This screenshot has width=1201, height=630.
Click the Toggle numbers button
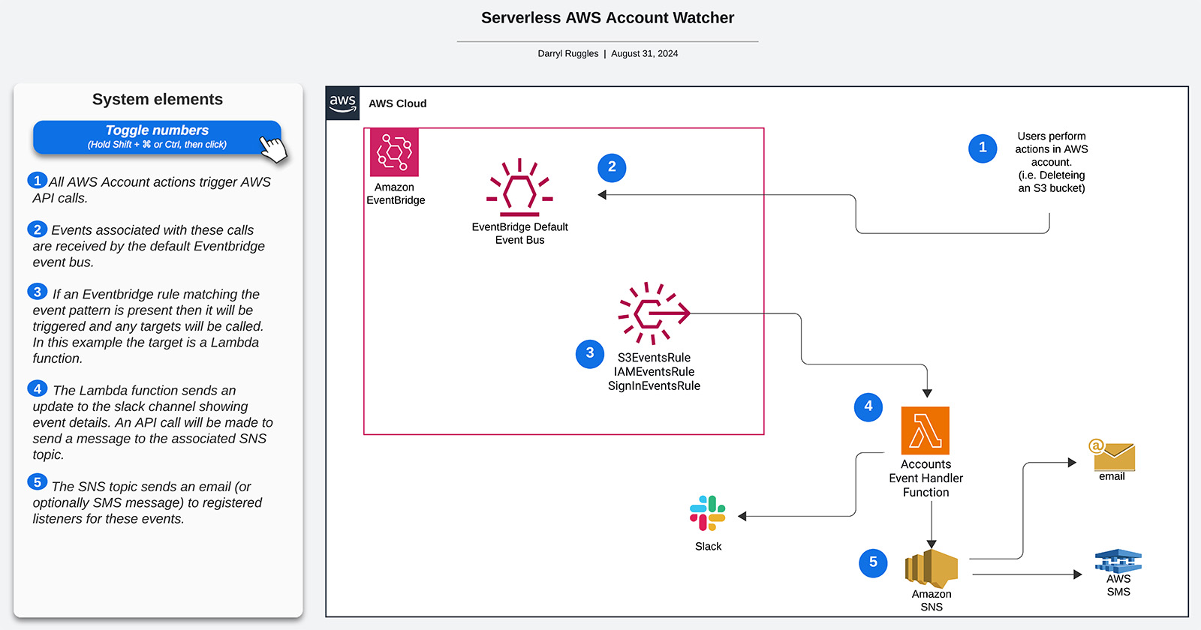157,137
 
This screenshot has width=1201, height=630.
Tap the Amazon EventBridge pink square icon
394,152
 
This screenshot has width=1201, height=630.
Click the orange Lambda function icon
925,430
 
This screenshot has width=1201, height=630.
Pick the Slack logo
707,514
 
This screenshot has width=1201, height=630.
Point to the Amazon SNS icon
932,568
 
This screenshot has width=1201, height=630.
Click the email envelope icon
1112,455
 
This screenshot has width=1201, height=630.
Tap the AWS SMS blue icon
1118,561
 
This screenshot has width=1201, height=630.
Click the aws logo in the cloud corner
342,103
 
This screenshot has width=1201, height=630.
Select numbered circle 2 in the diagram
612,166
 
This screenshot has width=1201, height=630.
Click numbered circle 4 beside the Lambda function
868,406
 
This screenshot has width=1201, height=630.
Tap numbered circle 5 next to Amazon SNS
873,562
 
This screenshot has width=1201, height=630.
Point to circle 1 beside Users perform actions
983,148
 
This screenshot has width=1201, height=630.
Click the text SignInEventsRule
654,385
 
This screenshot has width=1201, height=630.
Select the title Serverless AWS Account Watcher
607,18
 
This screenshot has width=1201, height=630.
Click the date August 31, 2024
644,53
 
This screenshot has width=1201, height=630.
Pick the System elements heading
158,99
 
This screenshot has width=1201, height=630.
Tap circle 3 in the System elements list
37,292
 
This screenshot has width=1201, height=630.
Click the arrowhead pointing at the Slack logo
742,516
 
